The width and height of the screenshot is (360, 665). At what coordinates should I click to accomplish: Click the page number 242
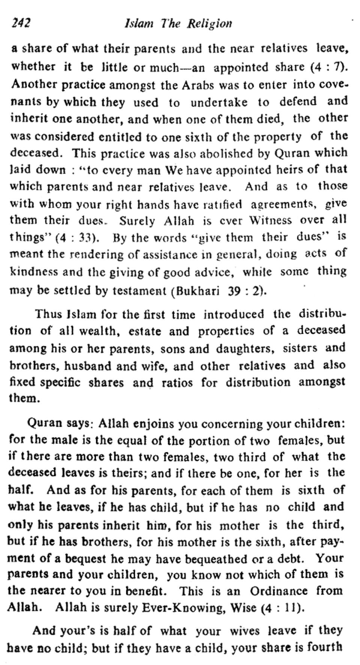(x=20, y=23)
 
